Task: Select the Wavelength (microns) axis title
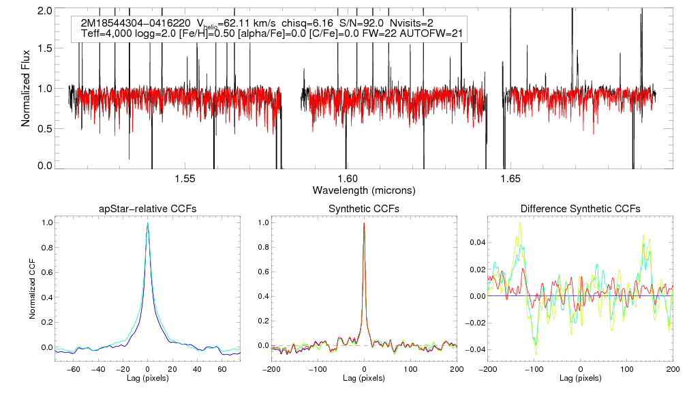click(x=364, y=189)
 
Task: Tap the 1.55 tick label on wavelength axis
click(x=185, y=179)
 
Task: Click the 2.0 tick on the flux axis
click(x=46, y=12)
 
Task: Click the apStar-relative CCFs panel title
click(x=147, y=208)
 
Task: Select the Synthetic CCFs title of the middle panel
click(x=364, y=208)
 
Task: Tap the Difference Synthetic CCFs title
click(x=580, y=208)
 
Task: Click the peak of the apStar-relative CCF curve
click(x=147, y=224)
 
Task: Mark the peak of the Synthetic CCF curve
click(x=364, y=223)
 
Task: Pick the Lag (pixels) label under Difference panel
click(x=580, y=377)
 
